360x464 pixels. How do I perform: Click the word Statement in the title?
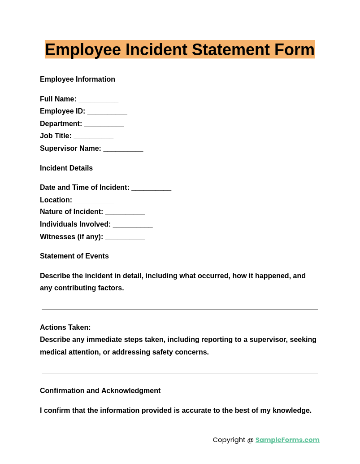[x=231, y=50]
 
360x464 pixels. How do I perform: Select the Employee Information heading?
[x=78, y=79]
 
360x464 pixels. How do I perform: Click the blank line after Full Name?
[x=99, y=100]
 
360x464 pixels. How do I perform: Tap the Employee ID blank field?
[x=107, y=112]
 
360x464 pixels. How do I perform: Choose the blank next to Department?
[x=104, y=125]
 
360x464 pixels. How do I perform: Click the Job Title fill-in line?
[x=93, y=137]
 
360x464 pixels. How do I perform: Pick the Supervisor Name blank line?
[x=123, y=149]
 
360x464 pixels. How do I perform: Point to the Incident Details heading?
[x=66, y=168]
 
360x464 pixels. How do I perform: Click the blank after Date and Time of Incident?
[x=151, y=188]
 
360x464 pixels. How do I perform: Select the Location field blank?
[x=94, y=201]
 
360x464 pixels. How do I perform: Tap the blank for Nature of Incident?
[x=125, y=213]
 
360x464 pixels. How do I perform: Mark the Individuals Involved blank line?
[x=133, y=225]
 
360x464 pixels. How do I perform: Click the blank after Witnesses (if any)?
[x=125, y=238]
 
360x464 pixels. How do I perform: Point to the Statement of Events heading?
[x=74, y=256]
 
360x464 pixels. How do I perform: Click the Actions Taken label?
[x=65, y=328]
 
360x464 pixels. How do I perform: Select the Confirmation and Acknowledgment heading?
[x=100, y=391]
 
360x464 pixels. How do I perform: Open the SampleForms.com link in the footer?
[x=287, y=440]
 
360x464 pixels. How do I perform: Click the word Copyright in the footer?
[x=229, y=440]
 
